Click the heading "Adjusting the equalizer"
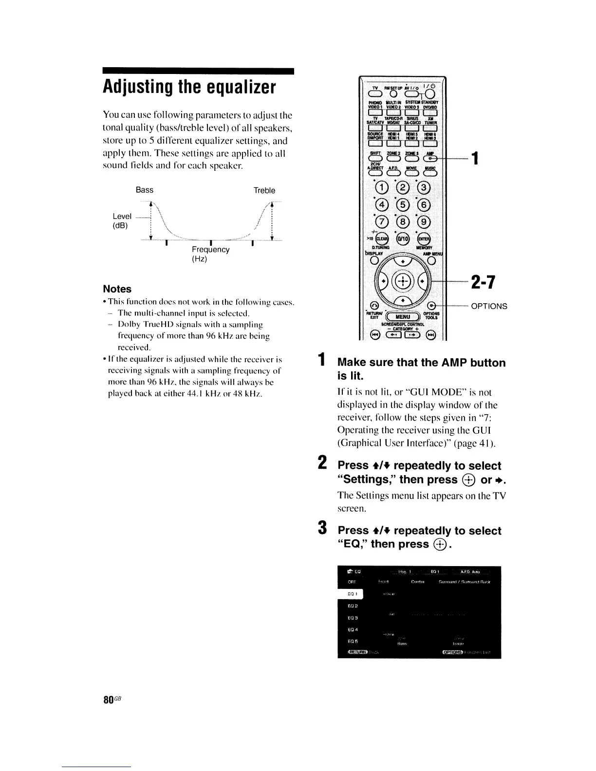pos(189,88)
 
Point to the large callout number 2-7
pos(483,282)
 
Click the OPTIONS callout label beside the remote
pos(489,306)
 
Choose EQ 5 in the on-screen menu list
pos(353,642)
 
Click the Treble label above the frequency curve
pos(264,190)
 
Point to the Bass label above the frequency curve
pos(144,190)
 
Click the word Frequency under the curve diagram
pos(210,250)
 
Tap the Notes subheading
pos(117,289)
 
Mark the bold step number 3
pos(322,527)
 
